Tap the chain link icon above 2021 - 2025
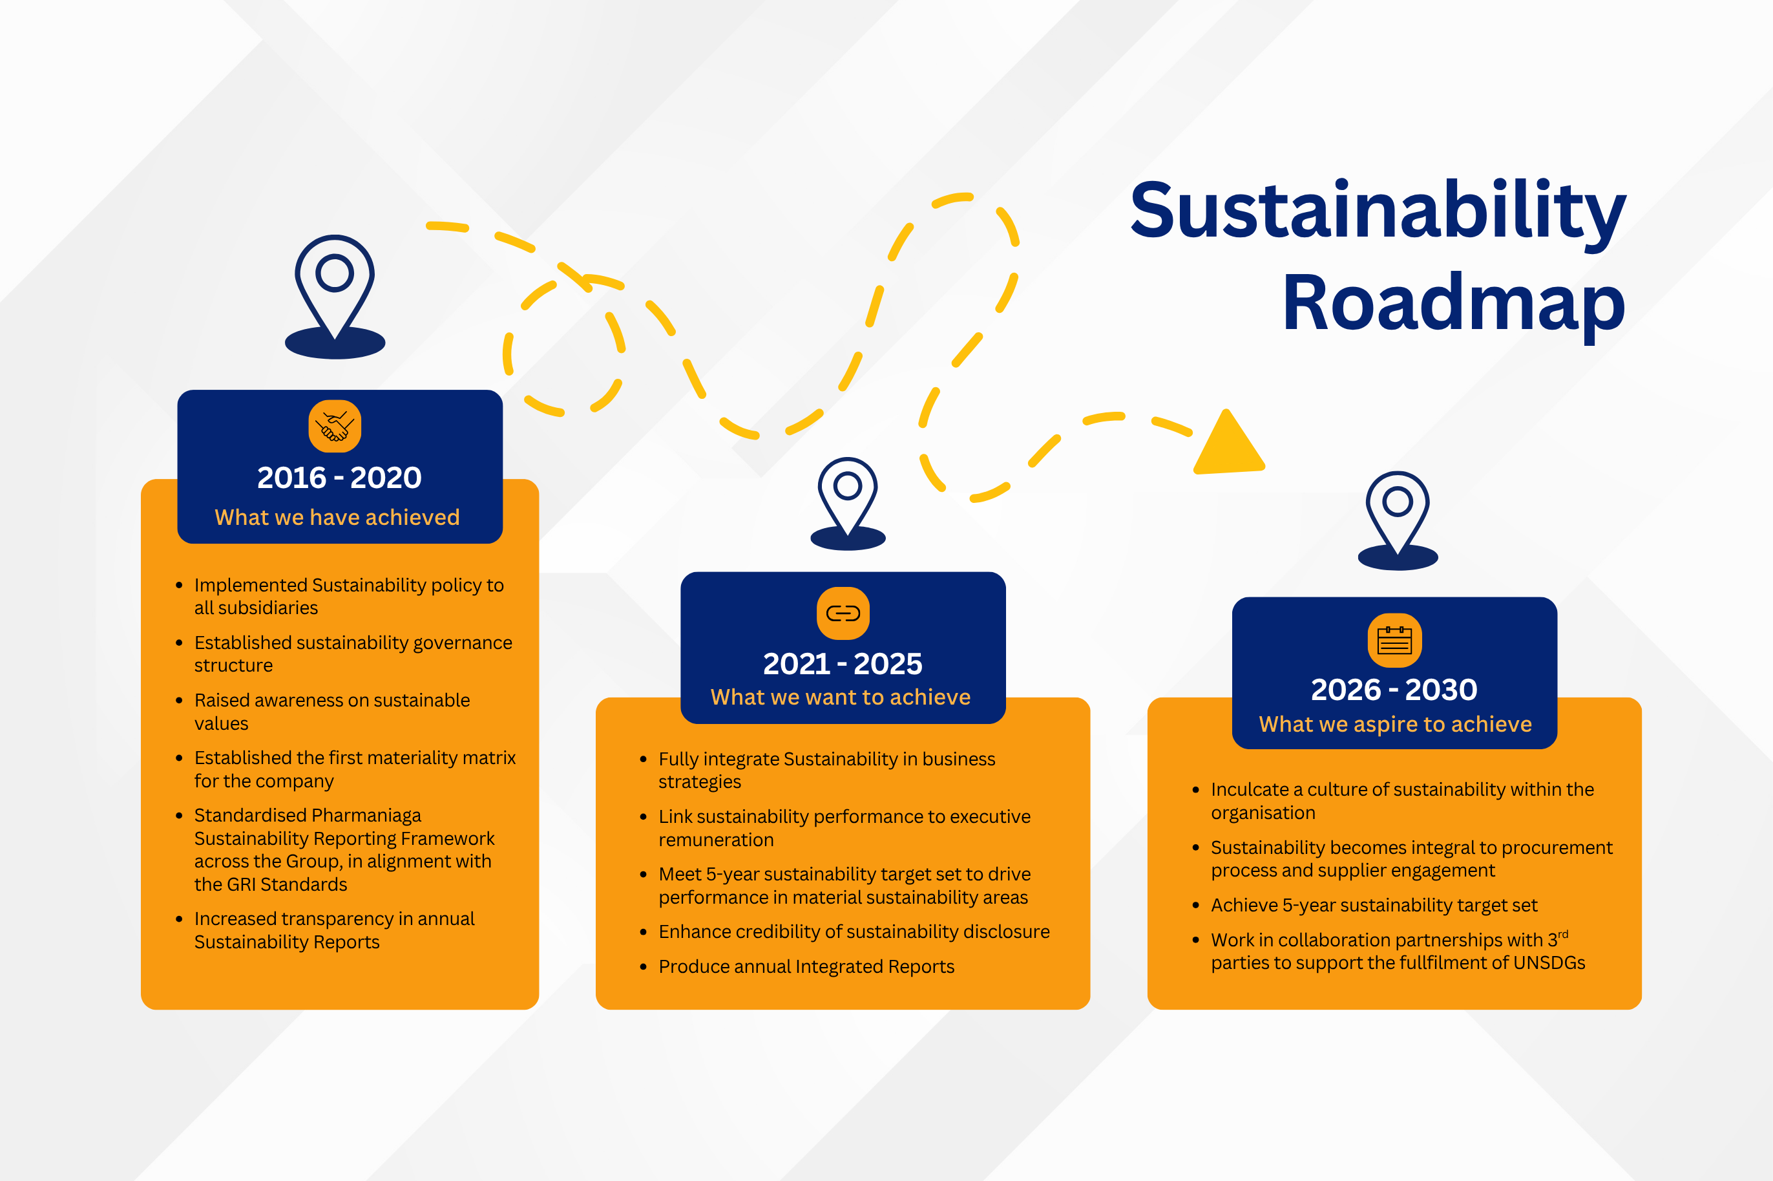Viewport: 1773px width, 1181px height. coord(843,613)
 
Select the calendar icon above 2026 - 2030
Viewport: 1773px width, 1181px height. coord(1394,640)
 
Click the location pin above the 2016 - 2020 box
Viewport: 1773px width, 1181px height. coord(335,297)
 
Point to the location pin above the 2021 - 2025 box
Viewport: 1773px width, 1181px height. coord(848,504)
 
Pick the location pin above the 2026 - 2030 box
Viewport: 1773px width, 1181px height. coord(1398,520)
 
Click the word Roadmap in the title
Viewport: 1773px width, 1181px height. coord(1454,304)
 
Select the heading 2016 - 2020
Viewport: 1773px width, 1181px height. coord(339,478)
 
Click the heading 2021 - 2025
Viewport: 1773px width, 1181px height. coord(843,664)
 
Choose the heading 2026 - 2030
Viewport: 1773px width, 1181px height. coord(1394,689)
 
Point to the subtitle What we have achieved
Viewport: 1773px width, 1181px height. coord(337,517)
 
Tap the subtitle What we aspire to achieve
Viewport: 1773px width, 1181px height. coord(1396,725)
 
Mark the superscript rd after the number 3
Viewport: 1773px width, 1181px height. coord(1563,935)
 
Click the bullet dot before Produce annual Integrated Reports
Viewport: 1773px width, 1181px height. coord(643,967)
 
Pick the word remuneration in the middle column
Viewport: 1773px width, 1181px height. coord(716,840)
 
